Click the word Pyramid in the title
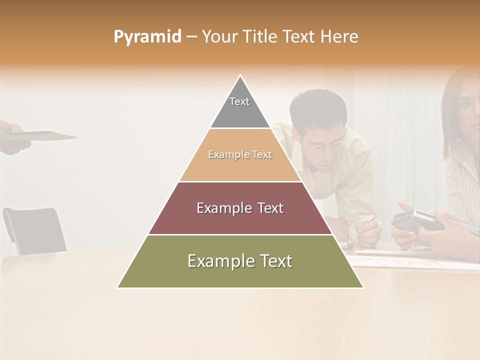(x=147, y=37)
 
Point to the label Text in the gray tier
(x=239, y=101)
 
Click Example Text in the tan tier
(x=240, y=155)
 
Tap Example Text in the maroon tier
(x=240, y=208)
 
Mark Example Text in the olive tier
(x=240, y=261)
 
